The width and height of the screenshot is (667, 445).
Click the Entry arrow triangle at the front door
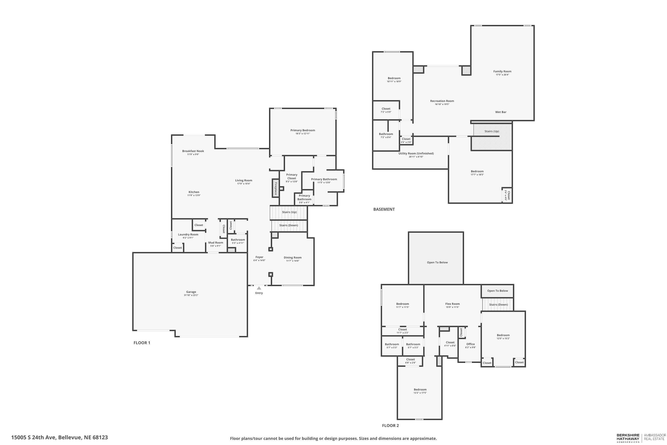point(259,288)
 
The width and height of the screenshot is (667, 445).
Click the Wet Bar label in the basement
point(501,112)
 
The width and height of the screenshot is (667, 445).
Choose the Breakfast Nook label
point(193,151)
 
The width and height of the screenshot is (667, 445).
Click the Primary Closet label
point(291,176)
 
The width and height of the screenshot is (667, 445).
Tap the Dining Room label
point(293,258)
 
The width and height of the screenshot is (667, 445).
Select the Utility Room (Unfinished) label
point(416,154)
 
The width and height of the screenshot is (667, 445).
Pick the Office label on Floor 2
point(470,344)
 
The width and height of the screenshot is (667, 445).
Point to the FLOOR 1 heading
point(142,343)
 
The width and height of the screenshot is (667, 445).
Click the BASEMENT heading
point(384,209)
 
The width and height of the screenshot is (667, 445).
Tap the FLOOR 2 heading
point(390,425)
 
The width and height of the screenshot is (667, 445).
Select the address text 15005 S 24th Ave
point(34,437)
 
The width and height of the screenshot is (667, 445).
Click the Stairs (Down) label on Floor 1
point(289,225)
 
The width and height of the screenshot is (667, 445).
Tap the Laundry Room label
point(188,235)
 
